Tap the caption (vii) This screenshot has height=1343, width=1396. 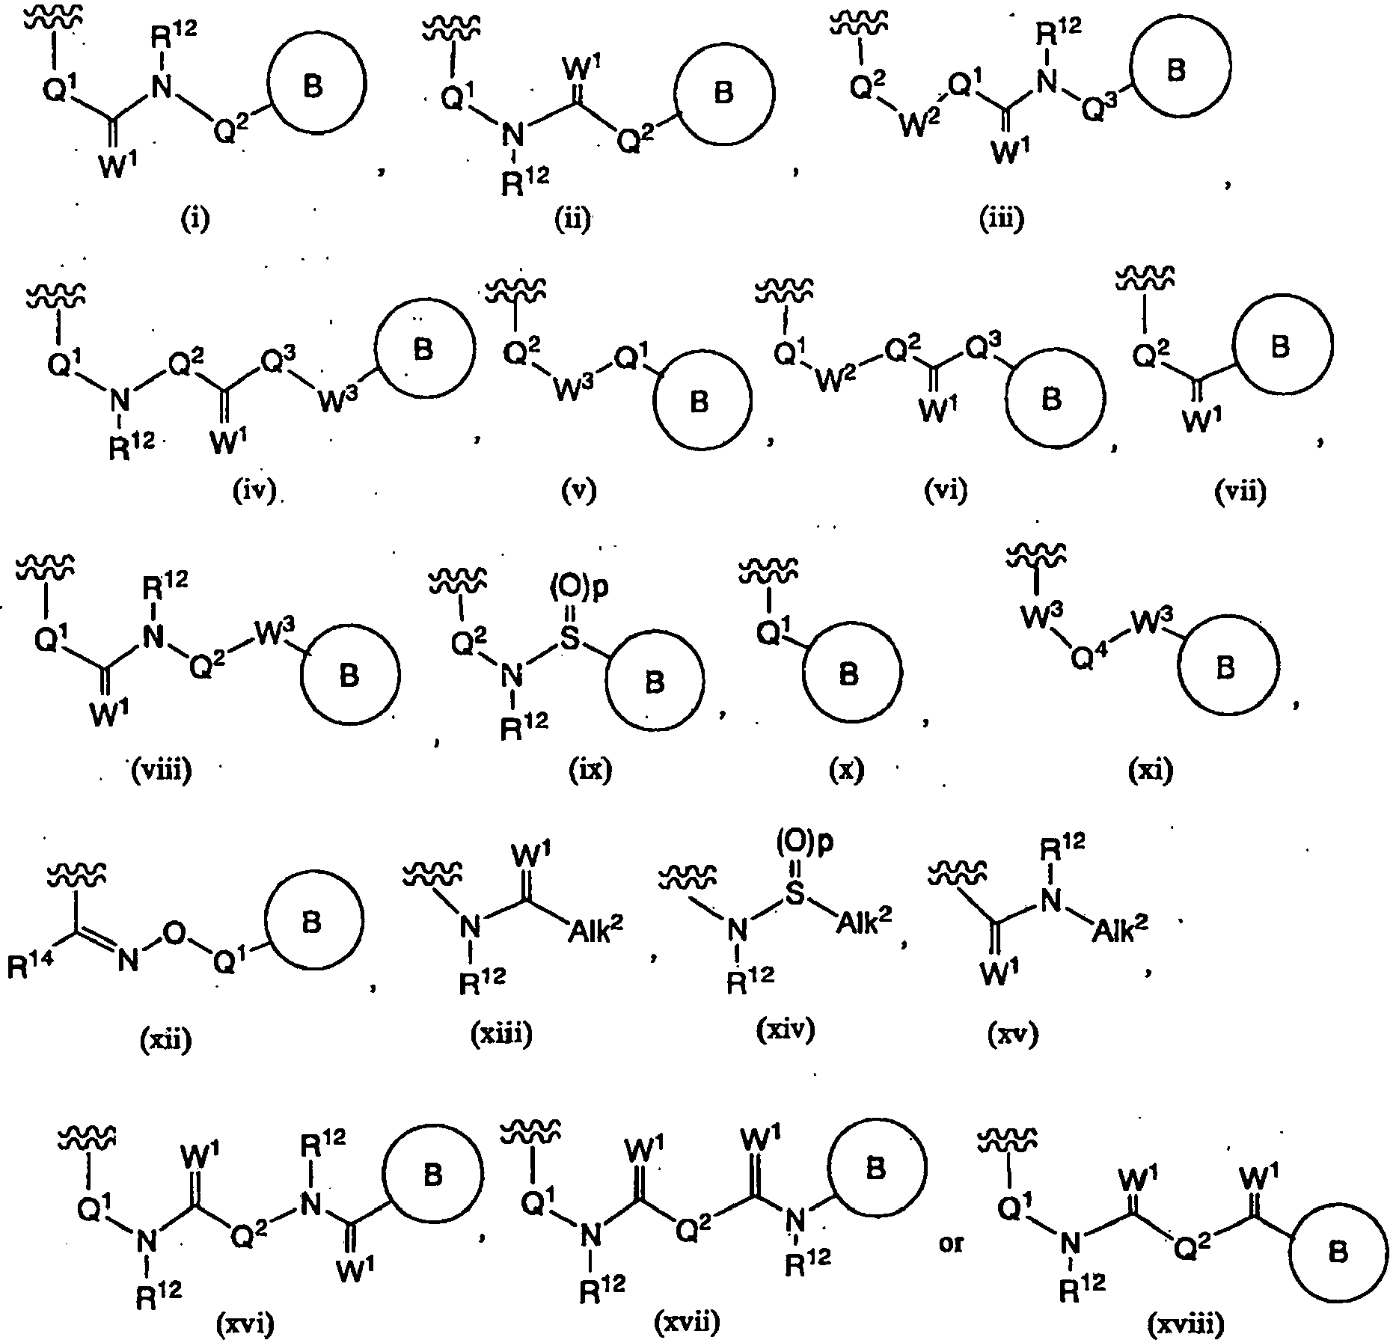coord(1242,492)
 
